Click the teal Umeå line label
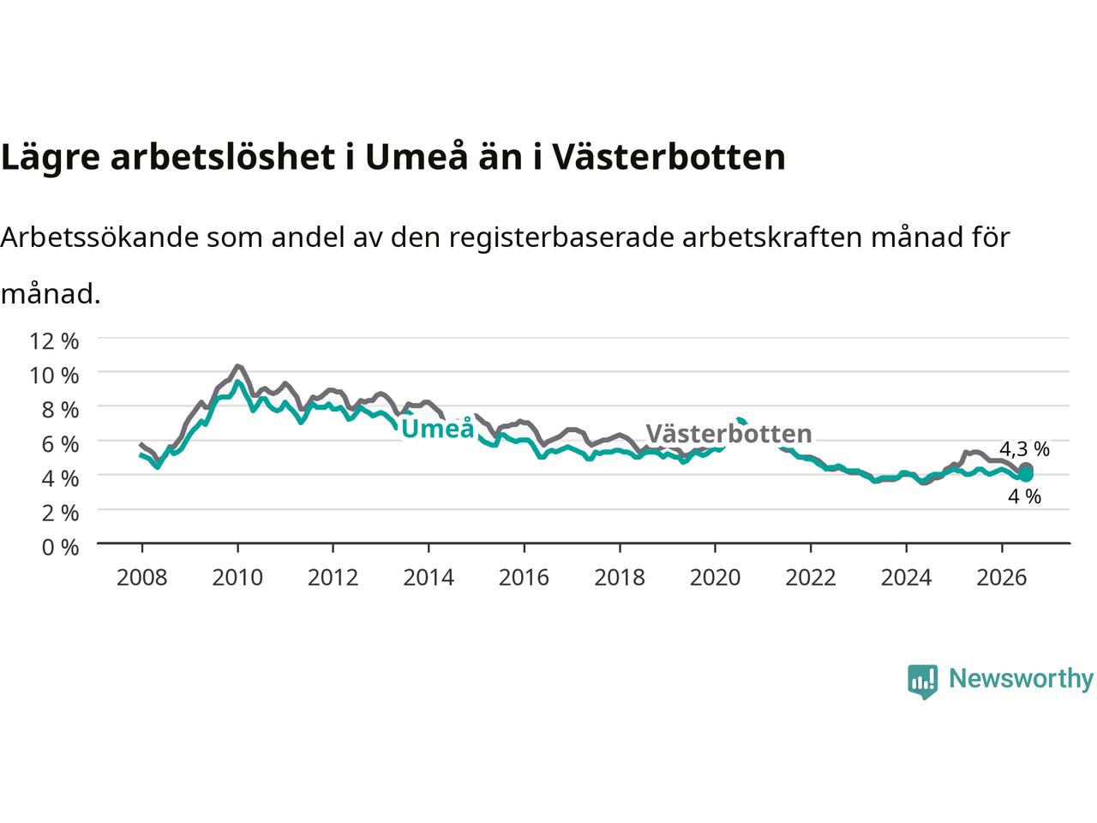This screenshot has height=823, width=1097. pos(437,429)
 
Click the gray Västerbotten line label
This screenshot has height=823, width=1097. pos(728,433)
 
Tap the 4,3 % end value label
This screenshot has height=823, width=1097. pos(1024,449)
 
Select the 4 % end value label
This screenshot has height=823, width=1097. pos(1024,496)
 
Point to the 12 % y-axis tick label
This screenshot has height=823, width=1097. pos(54,341)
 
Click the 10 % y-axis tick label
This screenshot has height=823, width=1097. pos(54,375)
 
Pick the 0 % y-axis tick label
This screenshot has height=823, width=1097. pos(60,548)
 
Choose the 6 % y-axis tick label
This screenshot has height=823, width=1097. pos(60,444)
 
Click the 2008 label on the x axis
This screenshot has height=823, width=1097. pos(142,578)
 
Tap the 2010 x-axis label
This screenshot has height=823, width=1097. pos(237,578)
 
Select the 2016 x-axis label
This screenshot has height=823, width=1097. pos(524,578)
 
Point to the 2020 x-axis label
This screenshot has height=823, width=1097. pos(715,578)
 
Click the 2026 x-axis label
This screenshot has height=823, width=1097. pos(1002,578)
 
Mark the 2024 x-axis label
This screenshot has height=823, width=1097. pos(906,578)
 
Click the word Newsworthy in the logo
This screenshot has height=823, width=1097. pos(1021,679)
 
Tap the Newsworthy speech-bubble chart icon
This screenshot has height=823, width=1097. pos(922,682)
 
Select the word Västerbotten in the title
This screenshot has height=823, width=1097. pos(668,157)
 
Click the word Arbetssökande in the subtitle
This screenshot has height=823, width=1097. pos(99,237)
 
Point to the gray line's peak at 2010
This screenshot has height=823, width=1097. pos(238,366)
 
